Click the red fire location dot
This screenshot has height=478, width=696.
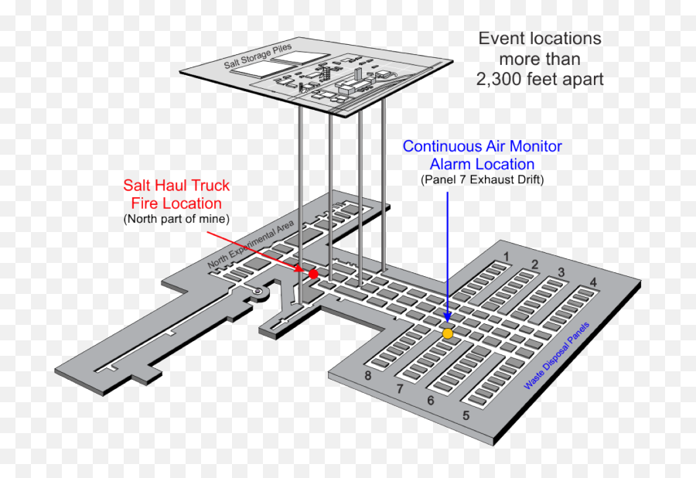pos(313,274)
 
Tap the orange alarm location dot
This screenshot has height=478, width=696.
pos(448,333)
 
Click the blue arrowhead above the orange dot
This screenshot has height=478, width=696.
pos(448,316)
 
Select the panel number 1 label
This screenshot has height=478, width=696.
pos(506,257)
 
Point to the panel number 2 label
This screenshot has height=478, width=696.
pos(535,265)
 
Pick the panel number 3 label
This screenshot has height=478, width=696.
pos(561,272)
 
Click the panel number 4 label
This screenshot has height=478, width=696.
pos(593,282)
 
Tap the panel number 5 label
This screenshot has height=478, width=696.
pos(466,415)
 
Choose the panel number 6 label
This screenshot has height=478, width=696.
pos(430,401)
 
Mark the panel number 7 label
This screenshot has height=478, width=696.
pos(400,389)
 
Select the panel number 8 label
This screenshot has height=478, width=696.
pos(367,376)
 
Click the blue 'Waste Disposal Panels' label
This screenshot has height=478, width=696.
pos(557,356)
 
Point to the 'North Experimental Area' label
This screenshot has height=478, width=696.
pos(251,244)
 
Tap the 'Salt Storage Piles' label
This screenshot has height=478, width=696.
pos(258,56)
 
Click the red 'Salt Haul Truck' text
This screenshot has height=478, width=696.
pos(176,185)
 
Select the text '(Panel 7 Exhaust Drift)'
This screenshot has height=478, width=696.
pos(482,179)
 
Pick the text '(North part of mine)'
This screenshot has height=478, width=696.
pos(176,219)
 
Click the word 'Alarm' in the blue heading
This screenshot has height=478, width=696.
pos(450,164)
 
